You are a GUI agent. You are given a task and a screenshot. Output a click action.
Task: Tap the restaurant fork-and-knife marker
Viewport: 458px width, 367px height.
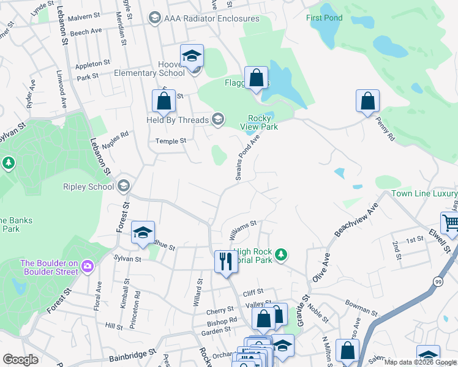(x=225, y=262)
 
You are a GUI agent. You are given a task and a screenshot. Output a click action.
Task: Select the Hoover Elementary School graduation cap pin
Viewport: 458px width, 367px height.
(x=192, y=56)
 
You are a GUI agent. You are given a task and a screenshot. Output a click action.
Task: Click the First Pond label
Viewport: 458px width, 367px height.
(x=324, y=18)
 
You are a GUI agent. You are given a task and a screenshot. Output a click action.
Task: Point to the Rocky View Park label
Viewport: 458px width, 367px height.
(x=263, y=122)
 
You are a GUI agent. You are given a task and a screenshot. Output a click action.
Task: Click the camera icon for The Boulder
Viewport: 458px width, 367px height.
(x=87, y=265)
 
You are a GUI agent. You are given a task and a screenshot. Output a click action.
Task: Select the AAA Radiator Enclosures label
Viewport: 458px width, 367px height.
(x=211, y=18)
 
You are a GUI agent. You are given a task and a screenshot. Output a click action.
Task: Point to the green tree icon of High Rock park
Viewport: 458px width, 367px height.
(x=280, y=254)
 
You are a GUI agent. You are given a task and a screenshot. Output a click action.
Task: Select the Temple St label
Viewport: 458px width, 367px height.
(x=171, y=141)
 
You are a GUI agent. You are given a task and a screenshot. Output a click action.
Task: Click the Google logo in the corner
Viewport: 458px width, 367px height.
(x=21, y=360)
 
